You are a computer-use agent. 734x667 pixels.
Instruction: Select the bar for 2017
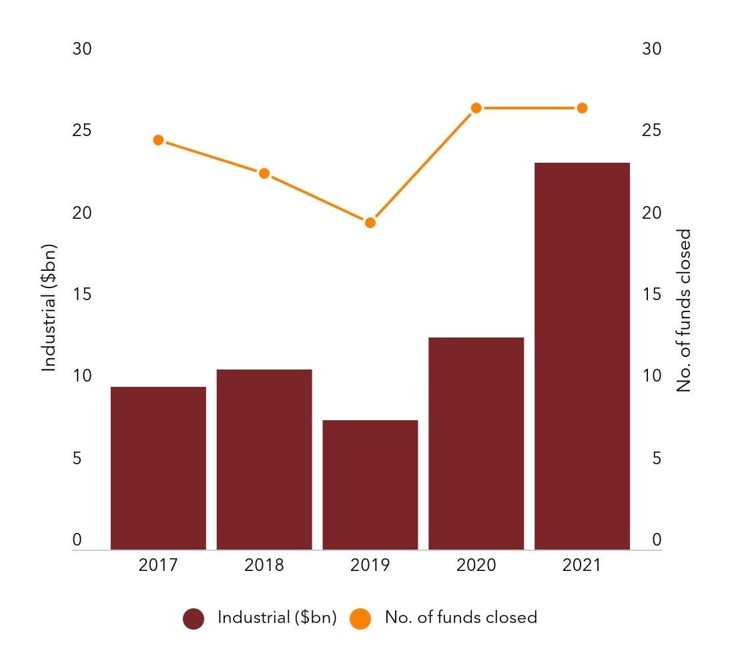pyautogui.click(x=158, y=468)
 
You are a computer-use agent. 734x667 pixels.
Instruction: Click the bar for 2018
pyautogui.click(x=264, y=459)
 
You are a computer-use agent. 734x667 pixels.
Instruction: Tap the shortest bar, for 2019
pyautogui.click(x=370, y=485)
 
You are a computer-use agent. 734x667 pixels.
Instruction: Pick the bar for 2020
pyautogui.click(x=476, y=444)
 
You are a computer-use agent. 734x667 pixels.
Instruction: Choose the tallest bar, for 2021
pyautogui.click(x=582, y=356)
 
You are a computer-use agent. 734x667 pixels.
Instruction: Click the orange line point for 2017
pyautogui.click(x=158, y=140)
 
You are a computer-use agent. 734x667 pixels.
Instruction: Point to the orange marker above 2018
pyautogui.click(x=264, y=173)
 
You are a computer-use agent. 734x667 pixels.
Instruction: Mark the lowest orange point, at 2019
pyautogui.click(x=370, y=222)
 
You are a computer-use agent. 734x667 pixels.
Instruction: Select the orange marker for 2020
pyautogui.click(x=476, y=108)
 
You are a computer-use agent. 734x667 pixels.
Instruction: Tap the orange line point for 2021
pyautogui.click(x=582, y=108)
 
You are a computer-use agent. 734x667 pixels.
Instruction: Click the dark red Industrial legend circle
pyautogui.click(x=194, y=619)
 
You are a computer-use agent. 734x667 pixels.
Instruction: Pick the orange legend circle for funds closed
pyautogui.click(x=360, y=619)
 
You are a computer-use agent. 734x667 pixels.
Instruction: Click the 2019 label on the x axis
pyautogui.click(x=370, y=565)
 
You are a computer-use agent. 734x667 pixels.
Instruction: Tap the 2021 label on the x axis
pyautogui.click(x=582, y=565)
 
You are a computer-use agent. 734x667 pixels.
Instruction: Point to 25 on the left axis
pyautogui.click(x=82, y=130)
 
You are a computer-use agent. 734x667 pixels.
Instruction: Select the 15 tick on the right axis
pyautogui.click(x=651, y=294)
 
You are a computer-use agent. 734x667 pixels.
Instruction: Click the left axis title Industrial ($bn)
pyautogui.click(x=49, y=308)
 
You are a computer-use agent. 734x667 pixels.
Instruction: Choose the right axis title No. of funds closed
pyautogui.click(x=684, y=310)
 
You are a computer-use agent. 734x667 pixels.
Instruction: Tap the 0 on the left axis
pyautogui.click(x=77, y=540)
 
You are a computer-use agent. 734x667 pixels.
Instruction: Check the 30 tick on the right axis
pyautogui.click(x=651, y=49)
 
